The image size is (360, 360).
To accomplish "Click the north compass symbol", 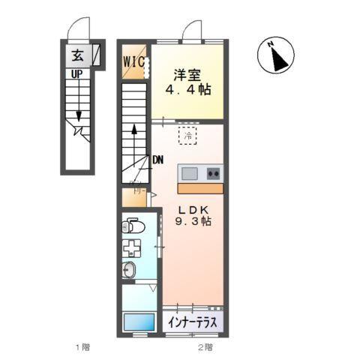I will (277, 55).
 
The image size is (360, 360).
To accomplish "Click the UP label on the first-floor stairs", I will (76, 74).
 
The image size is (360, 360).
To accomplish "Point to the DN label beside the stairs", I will (157, 160).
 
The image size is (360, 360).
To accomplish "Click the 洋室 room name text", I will (187, 74).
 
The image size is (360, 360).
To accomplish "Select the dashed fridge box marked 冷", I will (187, 136).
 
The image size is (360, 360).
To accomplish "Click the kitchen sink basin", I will (190, 173).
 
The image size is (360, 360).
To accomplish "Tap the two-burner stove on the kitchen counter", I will (213, 173).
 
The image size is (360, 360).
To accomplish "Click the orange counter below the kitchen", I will (199, 186).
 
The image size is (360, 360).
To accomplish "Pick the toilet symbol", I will (133, 224).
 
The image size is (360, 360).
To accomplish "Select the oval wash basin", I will (130, 271).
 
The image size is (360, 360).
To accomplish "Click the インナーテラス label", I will (193, 322).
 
